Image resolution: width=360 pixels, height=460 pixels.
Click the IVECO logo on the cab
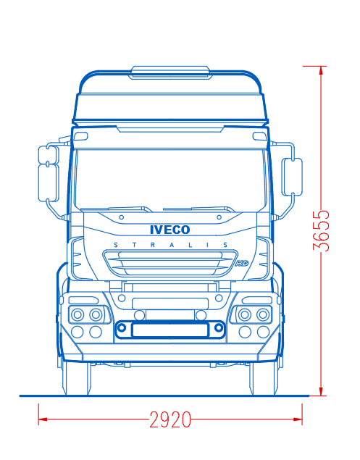point(170,230)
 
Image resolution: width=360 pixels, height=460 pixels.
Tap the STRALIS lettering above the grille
point(170,245)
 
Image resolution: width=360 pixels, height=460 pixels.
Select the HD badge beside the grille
point(242,263)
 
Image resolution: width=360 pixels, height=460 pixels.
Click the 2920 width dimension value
point(170,419)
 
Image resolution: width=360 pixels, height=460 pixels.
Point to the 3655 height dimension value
point(321,230)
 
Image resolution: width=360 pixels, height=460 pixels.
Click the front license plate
point(170,330)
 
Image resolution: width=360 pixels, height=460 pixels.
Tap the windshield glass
point(170,180)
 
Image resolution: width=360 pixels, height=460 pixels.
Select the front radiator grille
point(170,264)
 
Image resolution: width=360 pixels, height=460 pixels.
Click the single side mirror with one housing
point(292,177)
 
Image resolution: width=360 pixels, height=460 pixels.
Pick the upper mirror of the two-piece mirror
point(49,154)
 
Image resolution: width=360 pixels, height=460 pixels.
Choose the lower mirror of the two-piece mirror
point(49,183)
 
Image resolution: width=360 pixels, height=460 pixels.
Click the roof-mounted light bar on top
point(170,72)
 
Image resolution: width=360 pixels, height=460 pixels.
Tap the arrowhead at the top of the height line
point(321,70)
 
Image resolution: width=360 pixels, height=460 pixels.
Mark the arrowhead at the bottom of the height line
point(321,391)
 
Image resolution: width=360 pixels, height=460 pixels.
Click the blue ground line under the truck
point(164,396)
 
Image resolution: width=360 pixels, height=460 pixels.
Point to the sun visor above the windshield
point(170,129)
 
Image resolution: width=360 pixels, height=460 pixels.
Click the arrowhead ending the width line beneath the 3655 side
point(298,419)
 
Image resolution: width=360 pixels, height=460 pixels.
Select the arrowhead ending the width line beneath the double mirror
point(43,419)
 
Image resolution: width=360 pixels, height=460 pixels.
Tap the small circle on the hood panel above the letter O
point(219,217)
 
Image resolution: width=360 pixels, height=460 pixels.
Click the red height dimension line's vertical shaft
point(321,231)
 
